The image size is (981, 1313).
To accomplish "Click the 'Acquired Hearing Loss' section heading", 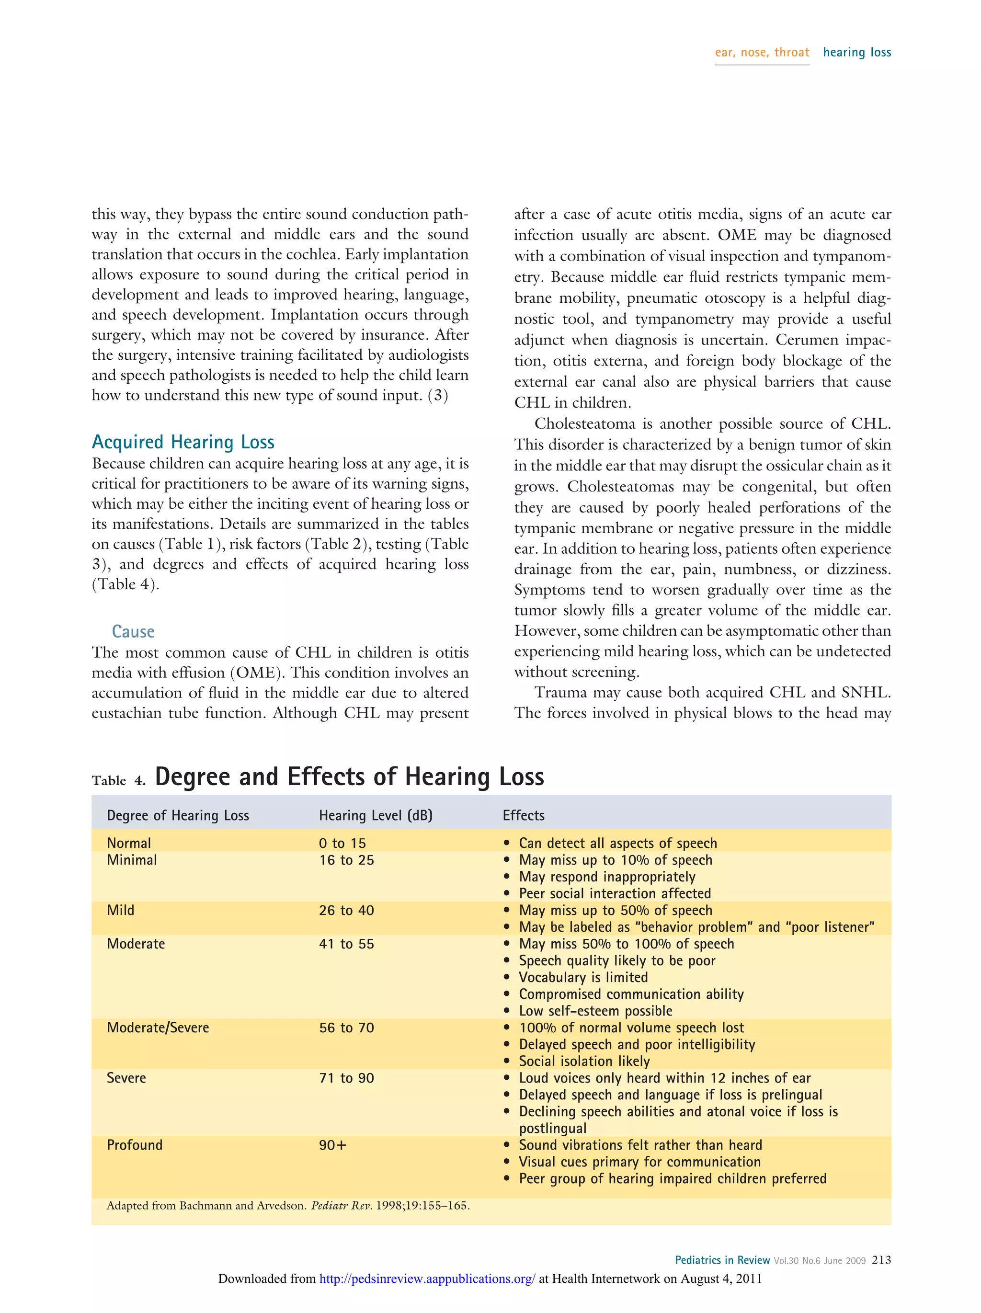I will pos(183,442).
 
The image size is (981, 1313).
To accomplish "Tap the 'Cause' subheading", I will pos(133,631).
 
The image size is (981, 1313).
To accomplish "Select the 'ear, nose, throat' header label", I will pos(762,52).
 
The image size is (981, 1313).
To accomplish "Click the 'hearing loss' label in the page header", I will pos(856,52).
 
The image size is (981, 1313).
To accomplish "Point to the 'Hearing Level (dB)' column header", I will pos(375,816).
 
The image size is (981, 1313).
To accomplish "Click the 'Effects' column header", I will pos(523,816).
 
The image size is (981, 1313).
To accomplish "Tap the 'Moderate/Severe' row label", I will pos(158,1028).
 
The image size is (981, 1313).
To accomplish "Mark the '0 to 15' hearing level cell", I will pos(342,843).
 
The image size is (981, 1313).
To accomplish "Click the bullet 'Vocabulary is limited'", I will pos(583,977).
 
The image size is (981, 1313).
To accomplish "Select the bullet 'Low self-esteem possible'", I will pos(595,1011).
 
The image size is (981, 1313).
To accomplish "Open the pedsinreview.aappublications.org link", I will pos(427,1279).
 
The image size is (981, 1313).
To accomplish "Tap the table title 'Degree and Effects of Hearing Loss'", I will pos(349,776).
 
